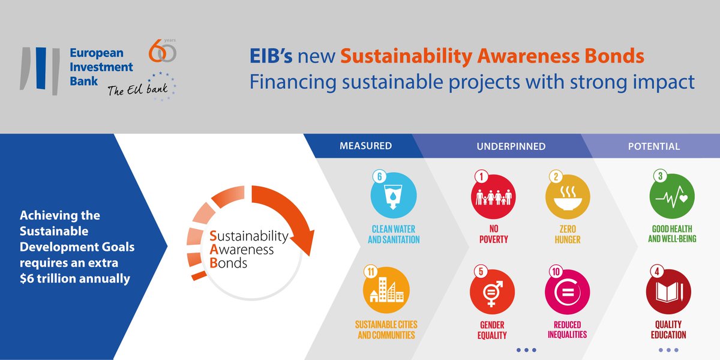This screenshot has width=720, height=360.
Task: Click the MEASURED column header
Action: click(366, 146)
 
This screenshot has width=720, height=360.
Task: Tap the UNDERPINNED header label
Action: click(511, 146)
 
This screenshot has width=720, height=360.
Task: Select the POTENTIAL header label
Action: click(654, 146)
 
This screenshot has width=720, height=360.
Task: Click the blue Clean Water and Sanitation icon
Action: click(394, 196)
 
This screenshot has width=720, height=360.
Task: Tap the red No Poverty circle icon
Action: click(493, 197)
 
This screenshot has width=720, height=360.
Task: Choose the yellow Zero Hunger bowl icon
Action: click(568, 197)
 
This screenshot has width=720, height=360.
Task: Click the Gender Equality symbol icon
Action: click(492, 292)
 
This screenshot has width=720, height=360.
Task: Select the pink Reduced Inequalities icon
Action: click(568, 292)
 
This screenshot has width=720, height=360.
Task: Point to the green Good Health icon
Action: click(672, 196)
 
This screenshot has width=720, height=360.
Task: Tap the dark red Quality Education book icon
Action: click(668, 292)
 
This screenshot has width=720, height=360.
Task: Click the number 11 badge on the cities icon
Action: click(371, 272)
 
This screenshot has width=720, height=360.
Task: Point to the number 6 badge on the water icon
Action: click(379, 176)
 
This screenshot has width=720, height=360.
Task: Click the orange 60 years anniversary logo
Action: click(163, 51)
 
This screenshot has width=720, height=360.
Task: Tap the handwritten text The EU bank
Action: click(137, 89)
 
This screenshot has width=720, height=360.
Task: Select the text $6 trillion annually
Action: click(75, 278)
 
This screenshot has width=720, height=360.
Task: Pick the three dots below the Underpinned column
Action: click(526, 350)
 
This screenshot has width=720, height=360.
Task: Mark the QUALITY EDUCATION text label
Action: click(668, 329)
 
